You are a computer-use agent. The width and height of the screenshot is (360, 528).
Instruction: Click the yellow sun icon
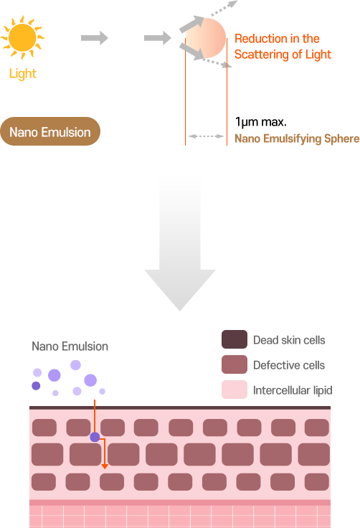(x=23, y=37)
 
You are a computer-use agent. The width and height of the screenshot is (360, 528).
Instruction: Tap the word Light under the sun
(x=23, y=74)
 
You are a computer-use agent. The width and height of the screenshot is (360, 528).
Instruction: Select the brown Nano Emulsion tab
(x=49, y=132)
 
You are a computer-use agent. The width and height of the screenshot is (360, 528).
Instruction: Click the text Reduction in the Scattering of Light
(x=283, y=47)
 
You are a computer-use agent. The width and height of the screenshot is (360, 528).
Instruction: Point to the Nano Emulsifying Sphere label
(x=296, y=138)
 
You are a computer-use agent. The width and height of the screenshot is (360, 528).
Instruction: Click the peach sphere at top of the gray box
(x=205, y=37)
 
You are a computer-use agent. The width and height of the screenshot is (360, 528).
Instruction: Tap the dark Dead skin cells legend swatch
(x=235, y=339)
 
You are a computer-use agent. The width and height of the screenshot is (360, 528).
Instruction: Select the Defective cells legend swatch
(x=235, y=365)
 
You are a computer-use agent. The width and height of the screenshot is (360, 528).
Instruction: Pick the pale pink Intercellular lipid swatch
(x=235, y=390)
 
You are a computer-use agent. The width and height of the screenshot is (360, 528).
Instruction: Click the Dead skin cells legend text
(x=290, y=340)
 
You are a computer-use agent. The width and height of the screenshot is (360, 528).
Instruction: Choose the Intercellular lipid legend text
(x=292, y=390)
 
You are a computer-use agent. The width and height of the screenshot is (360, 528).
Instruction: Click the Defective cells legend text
(x=289, y=365)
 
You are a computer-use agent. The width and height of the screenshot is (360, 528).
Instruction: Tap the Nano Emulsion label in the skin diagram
(x=70, y=346)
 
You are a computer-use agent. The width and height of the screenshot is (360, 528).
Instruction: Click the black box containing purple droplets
(x=68, y=378)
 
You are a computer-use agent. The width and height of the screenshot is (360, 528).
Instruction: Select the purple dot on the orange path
(x=95, y=437)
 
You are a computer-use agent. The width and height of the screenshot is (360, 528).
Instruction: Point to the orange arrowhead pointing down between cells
(x=105, y=466)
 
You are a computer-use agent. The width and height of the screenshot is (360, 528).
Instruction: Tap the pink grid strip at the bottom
(x=179, y=517)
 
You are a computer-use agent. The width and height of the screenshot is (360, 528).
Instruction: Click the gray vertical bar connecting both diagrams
(x=179, y=244)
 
